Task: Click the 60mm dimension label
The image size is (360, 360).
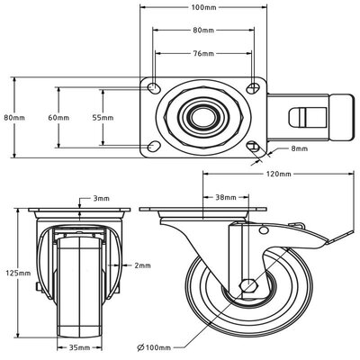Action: tap(58, 117)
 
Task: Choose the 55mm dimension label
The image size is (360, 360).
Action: tap(103, 117)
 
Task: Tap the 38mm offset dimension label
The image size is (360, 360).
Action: tap(226, 197)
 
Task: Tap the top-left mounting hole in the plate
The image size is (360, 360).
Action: tap(154, 90)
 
